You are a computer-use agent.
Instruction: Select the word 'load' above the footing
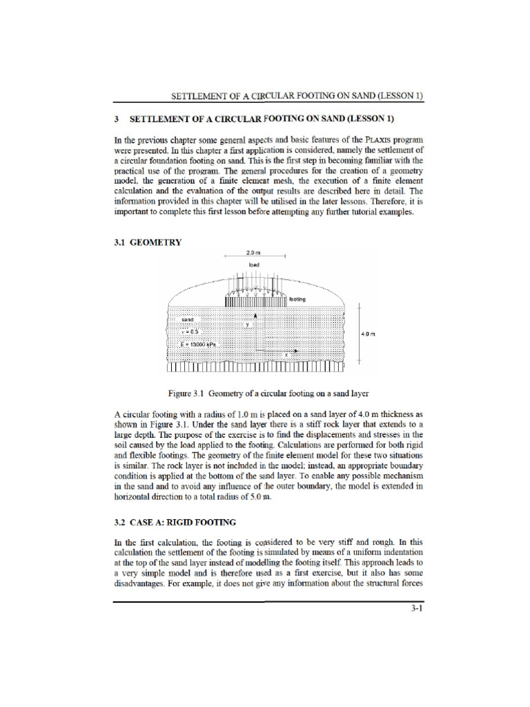click(x=253, y=264)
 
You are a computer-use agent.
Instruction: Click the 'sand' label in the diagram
click(x=188, y=320)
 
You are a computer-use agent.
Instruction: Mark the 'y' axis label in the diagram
click(x=246, y=323)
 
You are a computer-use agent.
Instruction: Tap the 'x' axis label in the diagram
click(x=286, y=354)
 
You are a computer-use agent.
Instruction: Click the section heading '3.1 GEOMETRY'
click(x=147, y=242)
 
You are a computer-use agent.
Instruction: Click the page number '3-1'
click(x=415, y=610)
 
